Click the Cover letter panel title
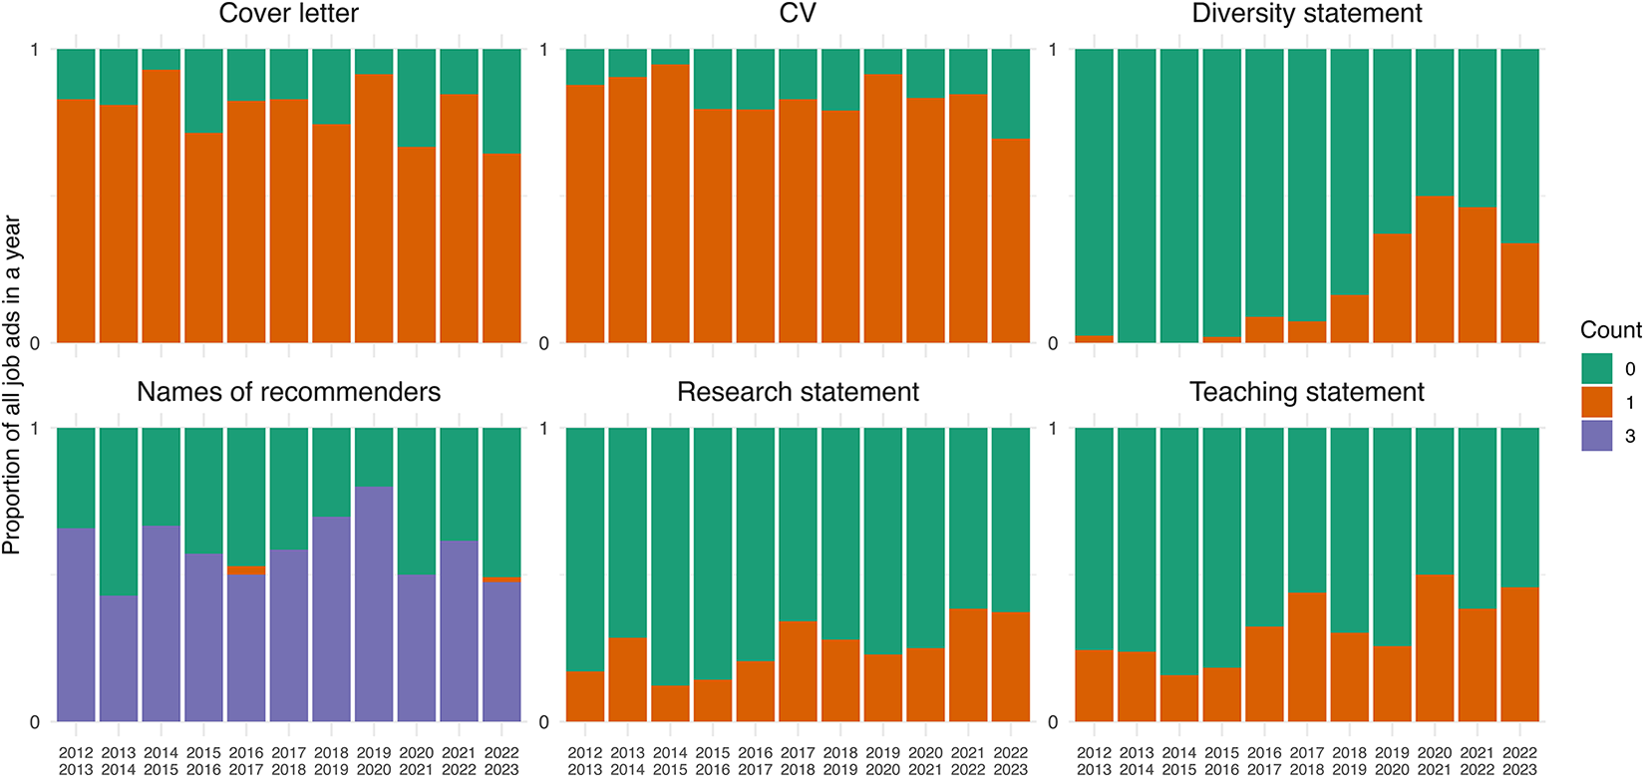pos(288,14)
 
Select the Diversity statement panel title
pos(1306,14)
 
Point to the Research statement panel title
pos(798,392)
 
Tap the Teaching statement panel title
pos(1306,392)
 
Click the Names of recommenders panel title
pos(288,392)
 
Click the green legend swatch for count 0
pos(1596,369)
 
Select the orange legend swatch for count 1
pos(1596,402)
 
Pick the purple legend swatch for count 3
pos(1596,436)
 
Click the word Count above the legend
pos(1610,330)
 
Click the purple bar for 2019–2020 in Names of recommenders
pos(374,603)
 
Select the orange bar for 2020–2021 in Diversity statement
pos(1435,269)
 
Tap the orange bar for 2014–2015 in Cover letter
pos(161,205)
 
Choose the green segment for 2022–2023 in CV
pos(1011,94)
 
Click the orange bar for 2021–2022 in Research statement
pos(968,664)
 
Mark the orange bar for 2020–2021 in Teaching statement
pos(1435,647)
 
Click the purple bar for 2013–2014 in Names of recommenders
pos(118,658)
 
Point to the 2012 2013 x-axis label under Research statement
pos(585,761)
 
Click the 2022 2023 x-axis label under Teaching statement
pos(1519,761)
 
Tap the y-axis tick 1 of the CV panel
pos(544,50)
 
